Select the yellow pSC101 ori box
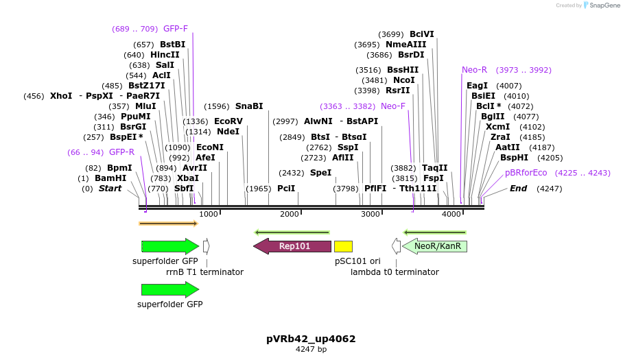[x=343, y=246]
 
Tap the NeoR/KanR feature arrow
[x=436, y=246]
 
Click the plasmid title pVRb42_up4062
[x=311, y=339]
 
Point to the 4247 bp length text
[x=311, y=350]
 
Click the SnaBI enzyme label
[x=249, y=106]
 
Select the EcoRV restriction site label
[x=228, y=121]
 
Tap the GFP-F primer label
[x=175, y=29]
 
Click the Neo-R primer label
[x=474, y=70]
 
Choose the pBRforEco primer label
[x=526, y=173]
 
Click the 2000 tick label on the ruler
[x=290, y=215]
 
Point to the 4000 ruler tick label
[x=451, y=215]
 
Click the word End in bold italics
[x=518, y=188]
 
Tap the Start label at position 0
[x=110, y=188]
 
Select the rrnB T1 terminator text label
[x=204, y=272]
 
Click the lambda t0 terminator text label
[x=395, y=272]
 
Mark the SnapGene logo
[x=600, y=5]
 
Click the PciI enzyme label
[x=286, y=188]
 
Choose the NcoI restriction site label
[x=403, y=80]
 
